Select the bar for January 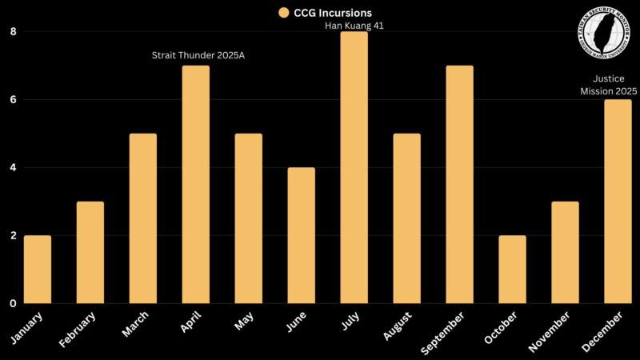38,270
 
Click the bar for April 195,184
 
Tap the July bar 353,167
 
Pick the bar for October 512,270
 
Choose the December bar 618,202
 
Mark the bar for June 301,235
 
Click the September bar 459,184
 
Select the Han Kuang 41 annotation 353,26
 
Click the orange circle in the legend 283,12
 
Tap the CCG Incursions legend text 328,12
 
